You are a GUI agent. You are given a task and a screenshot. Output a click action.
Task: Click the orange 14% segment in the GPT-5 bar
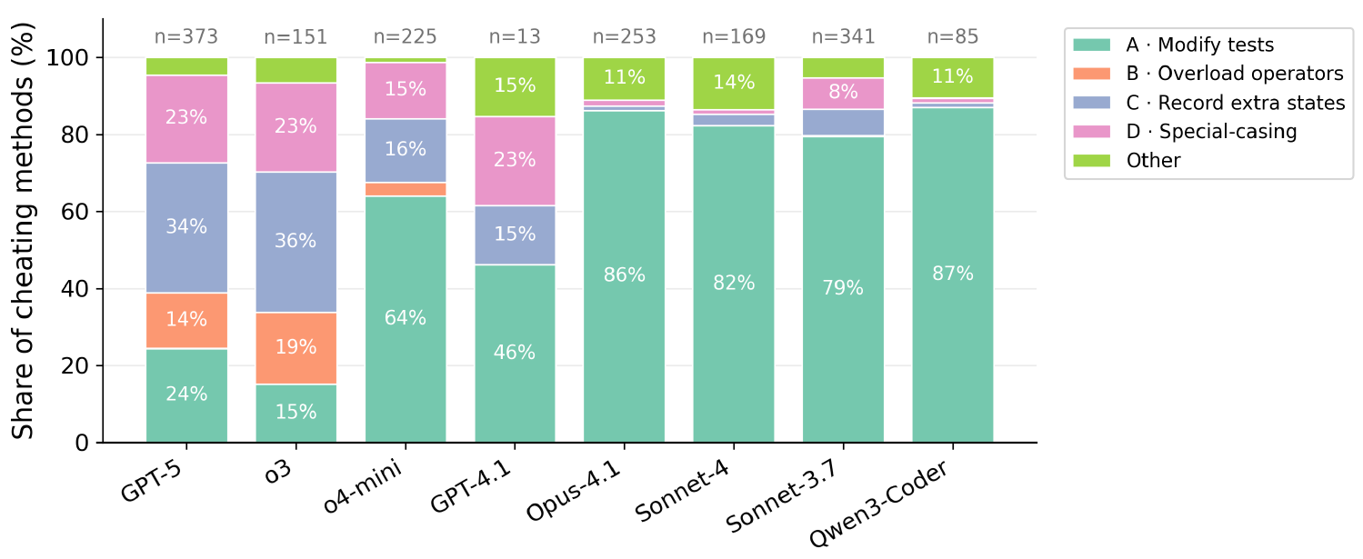(x=186, y=321)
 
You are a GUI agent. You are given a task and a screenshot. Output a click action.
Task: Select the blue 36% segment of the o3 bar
(x=296, y=242)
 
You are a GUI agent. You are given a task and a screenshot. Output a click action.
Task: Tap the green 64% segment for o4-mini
(x=406, y=319)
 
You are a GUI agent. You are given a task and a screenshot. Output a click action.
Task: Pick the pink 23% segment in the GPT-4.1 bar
(x=515, y=161)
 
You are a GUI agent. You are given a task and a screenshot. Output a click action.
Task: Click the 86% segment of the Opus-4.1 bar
(x=625, y=276)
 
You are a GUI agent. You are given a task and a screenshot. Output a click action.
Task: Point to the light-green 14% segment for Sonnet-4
(x=734, y=84)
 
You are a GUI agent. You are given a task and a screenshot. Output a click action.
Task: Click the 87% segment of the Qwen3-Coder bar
(x=953, y=275)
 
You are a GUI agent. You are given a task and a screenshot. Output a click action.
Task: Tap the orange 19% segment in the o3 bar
(x=296, y=348)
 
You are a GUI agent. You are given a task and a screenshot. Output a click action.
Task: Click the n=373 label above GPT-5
(x=186, y=37)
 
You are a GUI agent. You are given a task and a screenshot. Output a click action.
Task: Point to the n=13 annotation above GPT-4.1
(x=515, y=37)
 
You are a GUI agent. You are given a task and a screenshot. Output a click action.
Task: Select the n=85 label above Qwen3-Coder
(x=953, y=37)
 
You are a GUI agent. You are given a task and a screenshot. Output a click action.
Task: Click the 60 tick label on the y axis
(x=75, y=213)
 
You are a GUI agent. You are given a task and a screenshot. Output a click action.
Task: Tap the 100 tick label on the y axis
(x=67, y=58)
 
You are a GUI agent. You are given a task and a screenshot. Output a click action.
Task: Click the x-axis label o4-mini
(x=363, y=486)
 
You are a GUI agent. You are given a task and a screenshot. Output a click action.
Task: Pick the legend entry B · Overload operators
(x=1235, y=74)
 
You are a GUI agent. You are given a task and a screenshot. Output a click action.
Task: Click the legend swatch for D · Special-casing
(x=1092, y=132)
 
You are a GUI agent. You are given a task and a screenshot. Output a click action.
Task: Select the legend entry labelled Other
(x=1153, y=161)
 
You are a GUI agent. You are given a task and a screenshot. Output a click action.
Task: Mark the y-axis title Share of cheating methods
(x=23, y=231)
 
